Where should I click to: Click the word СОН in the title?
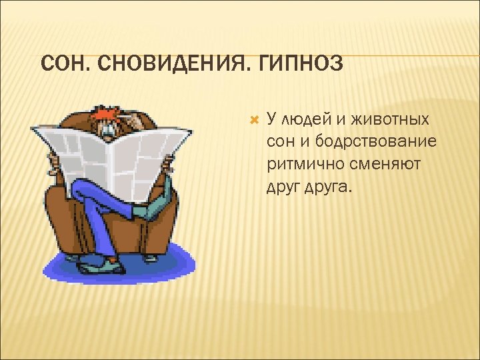62,65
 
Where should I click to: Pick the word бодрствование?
376,141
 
